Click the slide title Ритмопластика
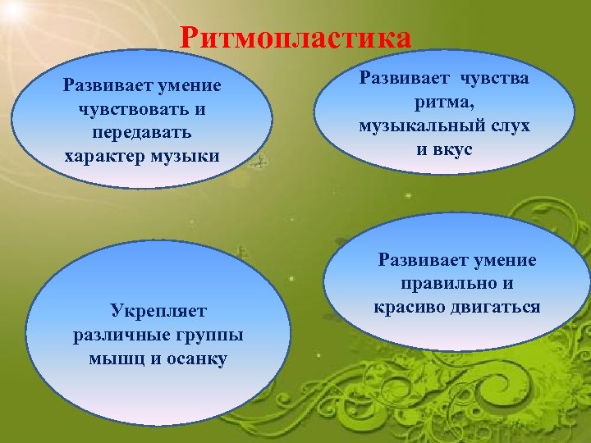[295, 38]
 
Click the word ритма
[444, 103]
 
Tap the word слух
[506, 126]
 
